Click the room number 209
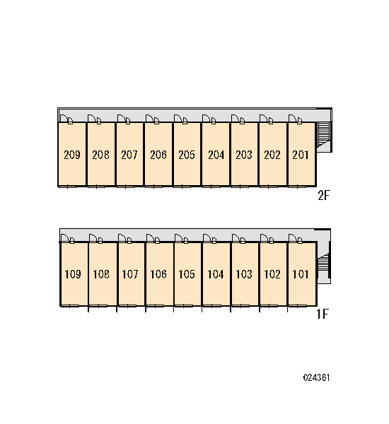(72, 155)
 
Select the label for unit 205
(187, 155)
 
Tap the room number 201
(300, 155)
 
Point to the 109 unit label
(73, 274)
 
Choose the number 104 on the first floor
(216, 274)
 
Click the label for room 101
(300, 274)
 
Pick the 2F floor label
(323, 195)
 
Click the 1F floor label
(323, 314)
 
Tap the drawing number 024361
(316, 377)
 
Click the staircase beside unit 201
(323, 134)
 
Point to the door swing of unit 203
(236, 119)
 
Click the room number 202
(272, 155)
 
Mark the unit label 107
(130, 274)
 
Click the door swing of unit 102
(265, 238)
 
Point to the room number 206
(158, 155)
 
